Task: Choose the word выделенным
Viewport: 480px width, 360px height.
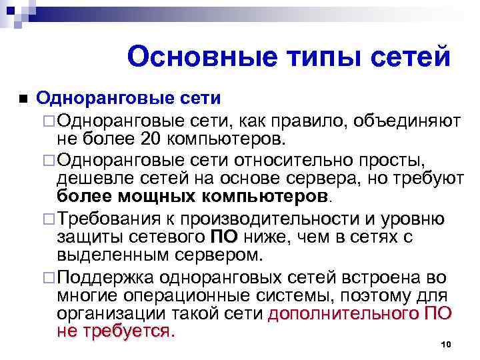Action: (113, 255)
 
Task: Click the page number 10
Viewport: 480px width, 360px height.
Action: (447, 343)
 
